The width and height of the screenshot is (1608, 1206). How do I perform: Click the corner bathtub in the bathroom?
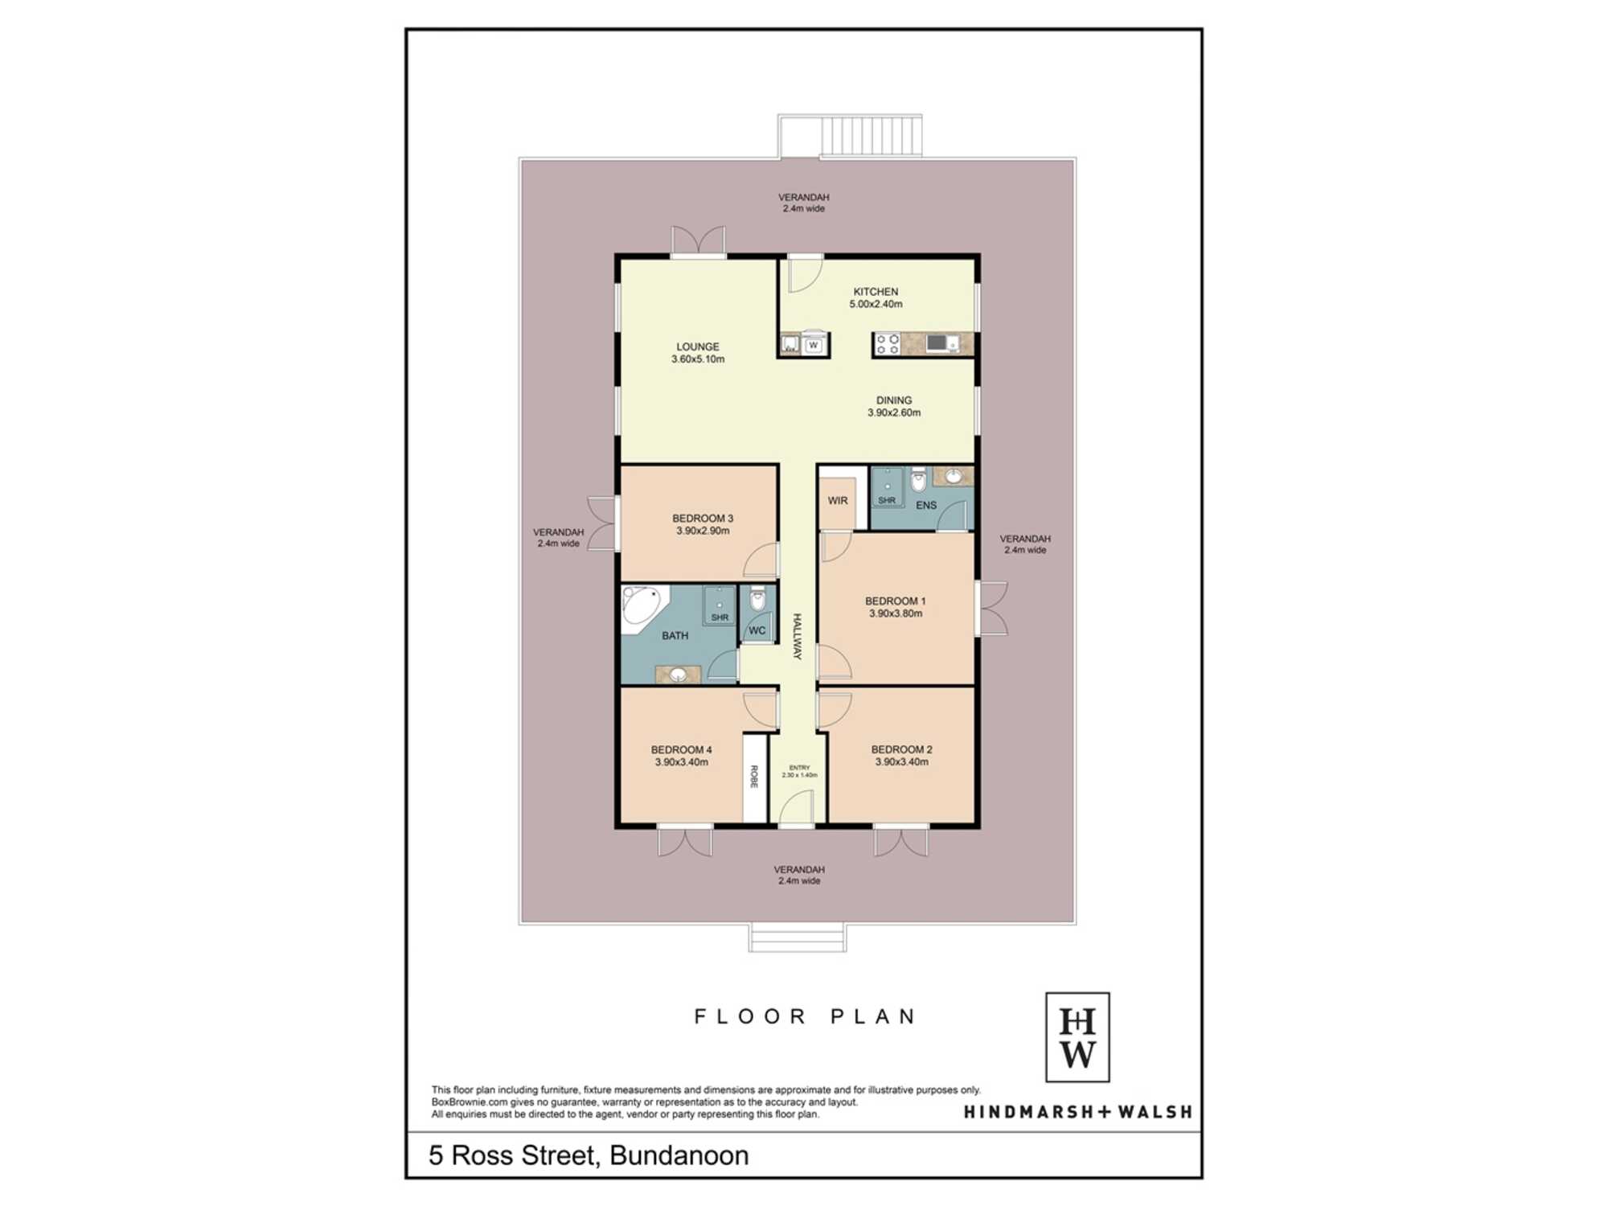(x=641, y=605)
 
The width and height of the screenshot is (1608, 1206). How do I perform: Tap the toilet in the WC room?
(x=757, y=599)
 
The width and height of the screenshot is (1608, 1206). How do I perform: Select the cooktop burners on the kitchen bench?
(x=888, y=344)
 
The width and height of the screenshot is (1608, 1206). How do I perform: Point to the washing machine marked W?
(x=814, y=344)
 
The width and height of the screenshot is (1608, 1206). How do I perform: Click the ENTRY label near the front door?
(x=799, y=768)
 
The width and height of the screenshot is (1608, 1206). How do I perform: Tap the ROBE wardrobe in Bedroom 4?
(x=754, y=778)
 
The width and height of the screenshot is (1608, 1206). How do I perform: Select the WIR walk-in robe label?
(x=838, y=500)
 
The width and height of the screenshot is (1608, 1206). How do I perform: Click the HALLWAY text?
(x=798, y=637)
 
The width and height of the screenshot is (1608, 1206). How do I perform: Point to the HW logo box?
(x=1077, y=1037)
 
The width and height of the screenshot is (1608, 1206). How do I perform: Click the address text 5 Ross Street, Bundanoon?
(x=589, y=1155)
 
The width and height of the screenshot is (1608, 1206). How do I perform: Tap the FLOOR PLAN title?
(x=806, y=1016)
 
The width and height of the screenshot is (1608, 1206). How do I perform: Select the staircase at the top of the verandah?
(x=871, y=136)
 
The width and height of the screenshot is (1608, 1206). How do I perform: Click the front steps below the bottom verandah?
(x=798, y=938)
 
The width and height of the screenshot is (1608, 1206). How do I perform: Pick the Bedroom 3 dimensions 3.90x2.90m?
(x=703, y=531)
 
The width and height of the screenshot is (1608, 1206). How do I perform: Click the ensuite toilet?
(x=918, y=481)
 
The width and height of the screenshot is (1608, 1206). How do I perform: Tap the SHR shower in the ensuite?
(x=887, y=487)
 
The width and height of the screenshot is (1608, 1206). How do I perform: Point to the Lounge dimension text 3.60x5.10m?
(x=698, y=359)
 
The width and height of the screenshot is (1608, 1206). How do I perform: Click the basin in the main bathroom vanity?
(x=679, y=675)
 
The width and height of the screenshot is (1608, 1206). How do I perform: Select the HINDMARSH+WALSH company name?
(x=1078, y=1112)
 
